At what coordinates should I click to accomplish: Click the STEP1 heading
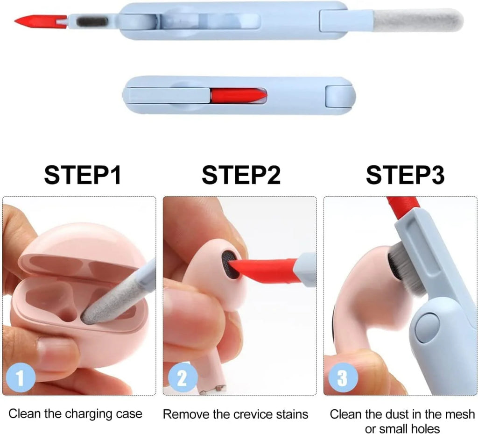[83, 175]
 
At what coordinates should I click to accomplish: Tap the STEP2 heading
[241, 175]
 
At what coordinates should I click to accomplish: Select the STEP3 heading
[405, 175]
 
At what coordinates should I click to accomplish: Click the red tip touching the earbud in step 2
[266, 270]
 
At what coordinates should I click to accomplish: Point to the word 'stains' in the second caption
[292, 414]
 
